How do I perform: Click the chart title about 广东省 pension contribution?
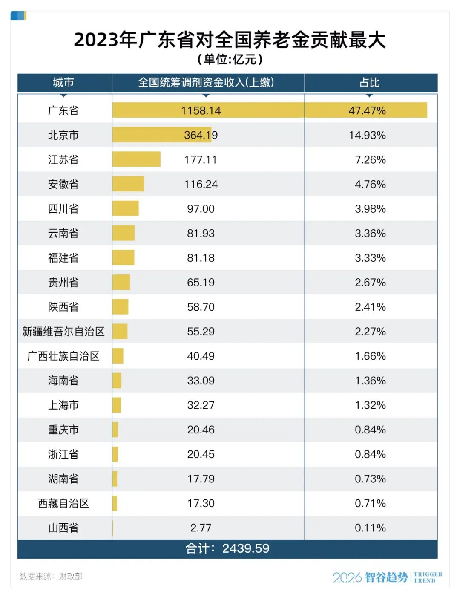230,40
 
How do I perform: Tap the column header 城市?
63,82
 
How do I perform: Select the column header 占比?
369,82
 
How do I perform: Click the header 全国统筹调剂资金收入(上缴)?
206,82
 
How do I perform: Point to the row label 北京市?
63,135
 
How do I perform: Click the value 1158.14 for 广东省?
201,111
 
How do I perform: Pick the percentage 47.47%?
367,111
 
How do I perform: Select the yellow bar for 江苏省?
136,159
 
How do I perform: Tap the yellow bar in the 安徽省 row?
128,184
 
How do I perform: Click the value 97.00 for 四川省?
201,209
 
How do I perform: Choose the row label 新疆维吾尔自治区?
63,332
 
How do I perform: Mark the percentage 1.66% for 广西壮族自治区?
370,356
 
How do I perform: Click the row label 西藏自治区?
63,503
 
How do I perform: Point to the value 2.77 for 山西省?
201,528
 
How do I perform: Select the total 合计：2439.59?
227,548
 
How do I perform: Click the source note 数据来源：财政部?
51,576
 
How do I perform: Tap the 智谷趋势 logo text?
386,577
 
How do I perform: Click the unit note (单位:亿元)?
230,59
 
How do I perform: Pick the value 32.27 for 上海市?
201,405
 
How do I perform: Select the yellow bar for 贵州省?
121,282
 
